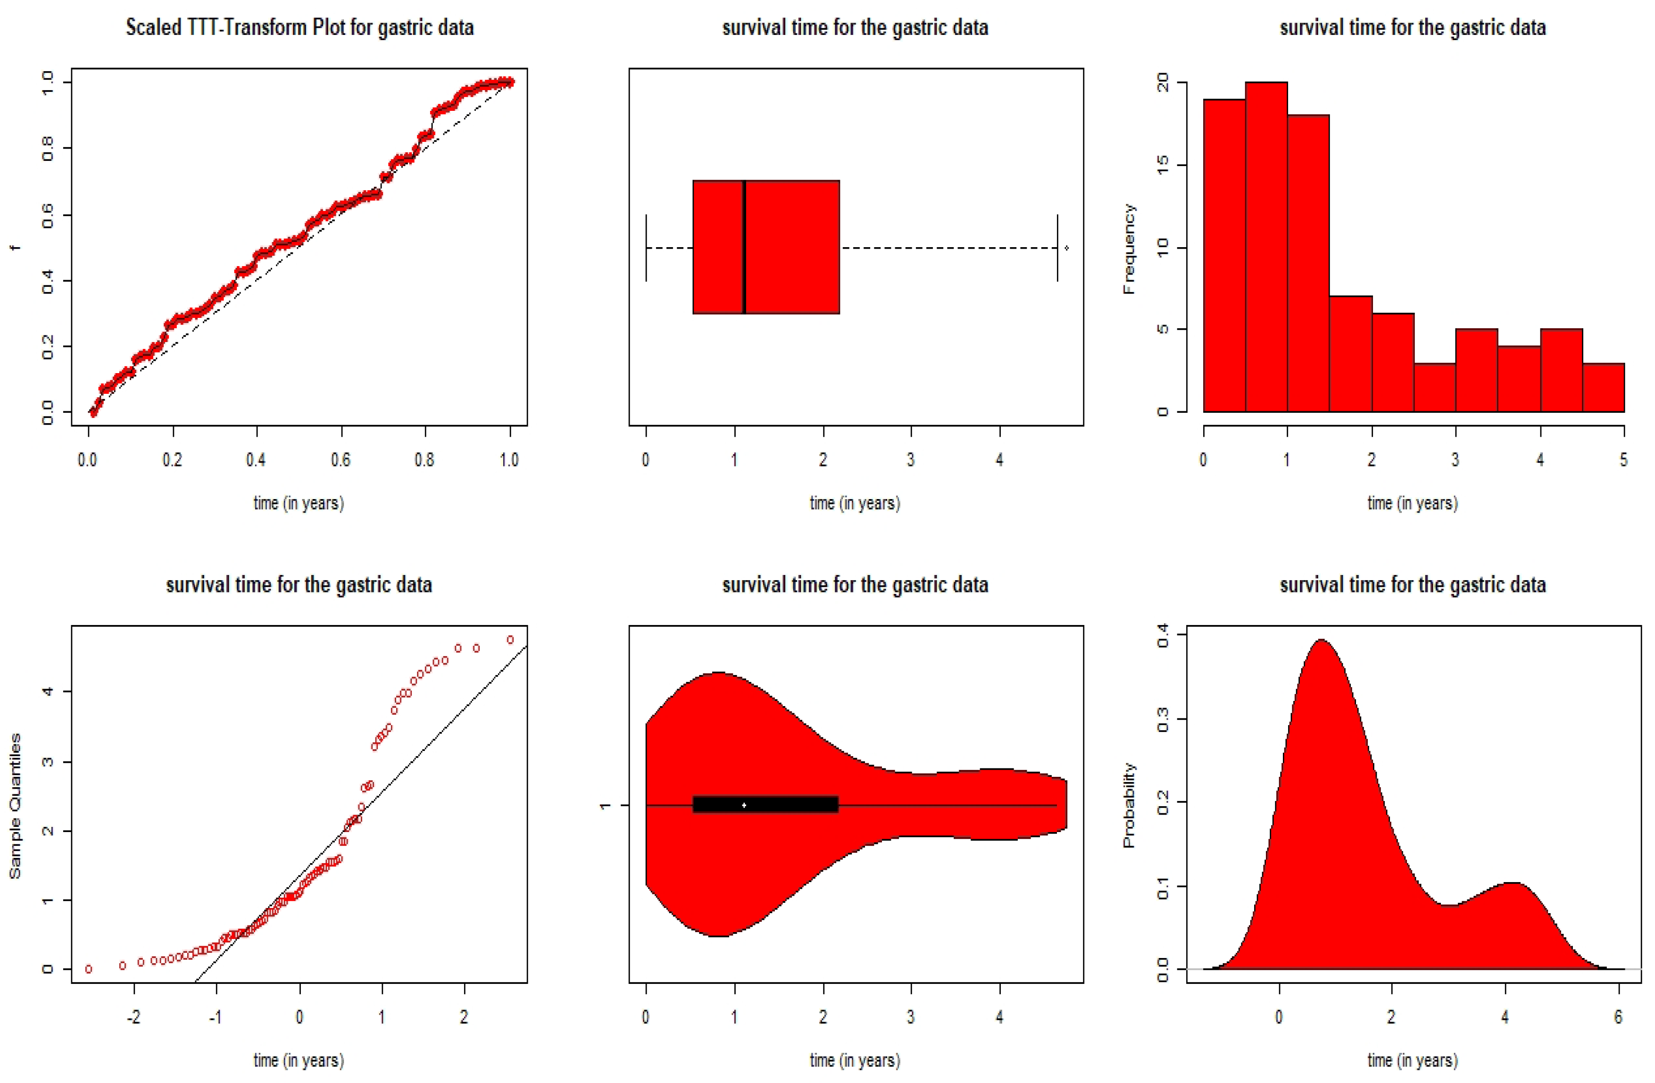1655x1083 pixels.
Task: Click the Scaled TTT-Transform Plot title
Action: point(299,28)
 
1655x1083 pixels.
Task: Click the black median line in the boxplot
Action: point(744,247)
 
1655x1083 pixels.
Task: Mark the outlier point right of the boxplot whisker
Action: point(1066,248)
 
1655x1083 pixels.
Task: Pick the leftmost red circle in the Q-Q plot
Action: point(88,969)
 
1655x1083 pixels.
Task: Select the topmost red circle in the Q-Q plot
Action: point(510,639)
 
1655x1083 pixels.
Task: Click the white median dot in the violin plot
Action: point(744,805)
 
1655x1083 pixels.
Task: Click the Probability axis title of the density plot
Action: point(1129,806)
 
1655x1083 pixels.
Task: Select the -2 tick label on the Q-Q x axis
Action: point(133,1017)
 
